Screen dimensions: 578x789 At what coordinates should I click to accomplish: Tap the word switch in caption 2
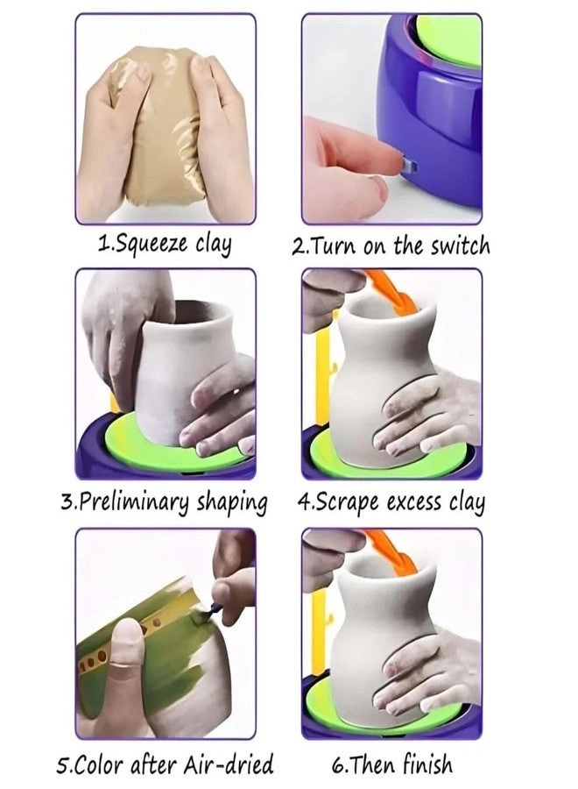click(x=460, y=246)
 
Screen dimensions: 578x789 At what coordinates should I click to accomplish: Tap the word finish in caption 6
click(x=426, y=764)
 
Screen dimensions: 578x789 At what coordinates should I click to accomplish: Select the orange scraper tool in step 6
click(x=393, y=552)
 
